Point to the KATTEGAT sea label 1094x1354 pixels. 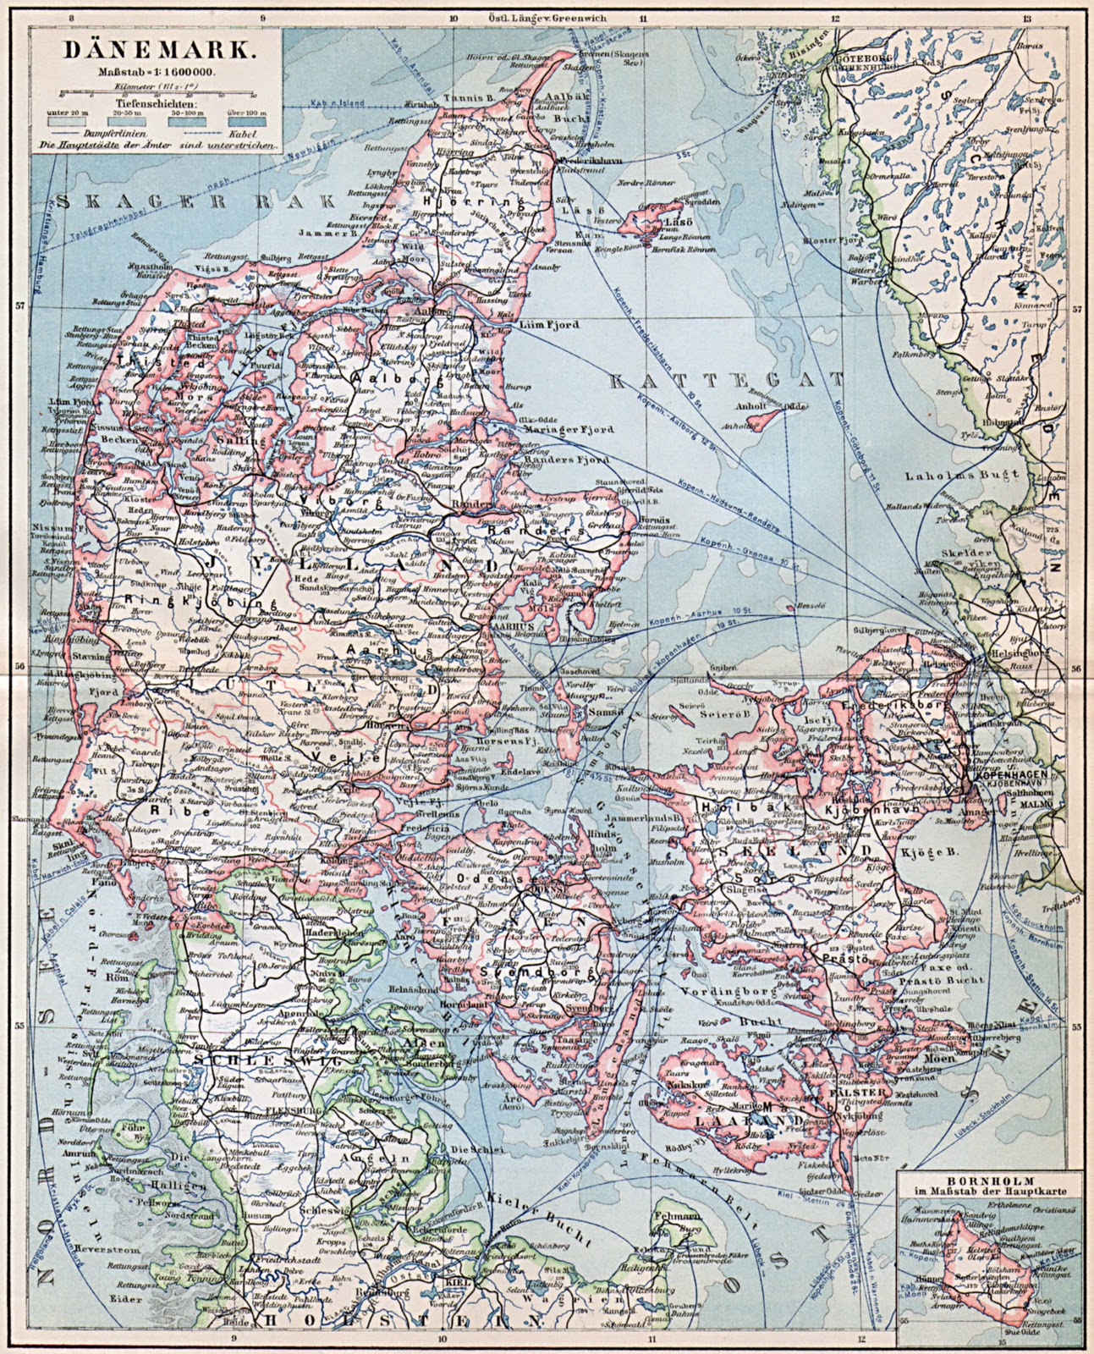727,380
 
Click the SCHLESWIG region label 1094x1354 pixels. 253,1060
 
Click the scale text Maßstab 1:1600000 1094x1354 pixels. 153,71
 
